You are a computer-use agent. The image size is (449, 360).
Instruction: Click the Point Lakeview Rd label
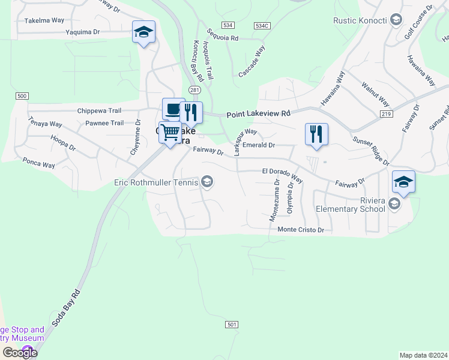[258, 113]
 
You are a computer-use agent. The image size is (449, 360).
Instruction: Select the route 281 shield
[194, 89]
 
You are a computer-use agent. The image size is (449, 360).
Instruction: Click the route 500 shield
[22, 96]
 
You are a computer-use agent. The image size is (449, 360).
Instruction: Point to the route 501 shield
[232, 325]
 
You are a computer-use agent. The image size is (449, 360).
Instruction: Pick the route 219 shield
[386, 113]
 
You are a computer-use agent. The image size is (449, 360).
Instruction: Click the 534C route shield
[262, 26]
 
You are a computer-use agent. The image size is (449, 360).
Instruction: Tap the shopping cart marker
[170, 132]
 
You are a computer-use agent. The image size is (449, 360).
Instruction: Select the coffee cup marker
[173, 109]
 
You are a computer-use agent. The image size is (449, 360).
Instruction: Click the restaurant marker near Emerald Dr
[316, 134]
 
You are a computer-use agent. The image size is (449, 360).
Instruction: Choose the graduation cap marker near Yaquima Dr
[143, 32]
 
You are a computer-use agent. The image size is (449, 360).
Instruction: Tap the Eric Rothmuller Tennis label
[157, 182]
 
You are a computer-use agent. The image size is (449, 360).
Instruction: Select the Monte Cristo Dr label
[300, 230]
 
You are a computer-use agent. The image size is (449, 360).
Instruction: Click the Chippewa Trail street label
[100, 111]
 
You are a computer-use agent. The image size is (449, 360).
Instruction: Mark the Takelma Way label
[44, 20]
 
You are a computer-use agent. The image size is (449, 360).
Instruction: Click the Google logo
[19, 353]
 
